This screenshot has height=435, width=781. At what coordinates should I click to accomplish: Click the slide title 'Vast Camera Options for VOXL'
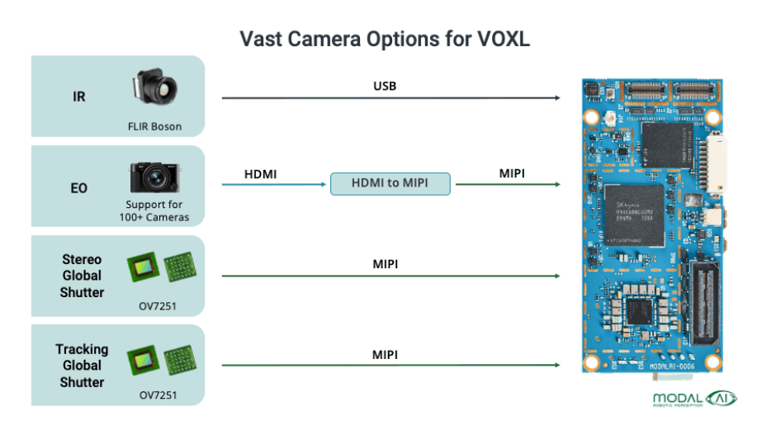(x=390, y=39)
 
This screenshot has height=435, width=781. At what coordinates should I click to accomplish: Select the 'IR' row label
(x=79, y=97)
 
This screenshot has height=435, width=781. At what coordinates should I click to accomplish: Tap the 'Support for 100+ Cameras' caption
(x=154, y=210)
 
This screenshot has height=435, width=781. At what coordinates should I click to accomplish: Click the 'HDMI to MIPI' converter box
(x=390, y=184)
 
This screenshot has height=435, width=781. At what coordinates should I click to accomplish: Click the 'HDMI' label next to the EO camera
(x=261, y=174)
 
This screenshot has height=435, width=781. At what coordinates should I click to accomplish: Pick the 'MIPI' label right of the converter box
(x=512, y=174)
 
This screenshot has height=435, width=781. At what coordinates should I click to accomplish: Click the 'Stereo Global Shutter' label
(x=82, y=276)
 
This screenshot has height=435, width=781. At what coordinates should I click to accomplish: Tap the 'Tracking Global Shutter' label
(x=82, y=365)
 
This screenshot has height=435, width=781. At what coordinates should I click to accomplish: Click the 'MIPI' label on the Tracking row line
(x=385, y=354)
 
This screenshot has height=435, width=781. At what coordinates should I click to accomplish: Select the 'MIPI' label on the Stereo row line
(x=385, y=265)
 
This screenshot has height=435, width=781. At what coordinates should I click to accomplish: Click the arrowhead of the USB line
(x=558, y=98)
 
